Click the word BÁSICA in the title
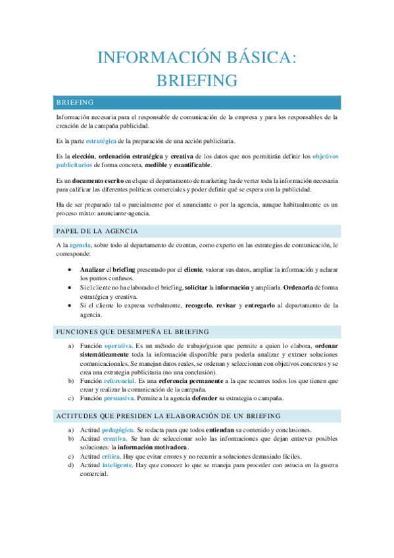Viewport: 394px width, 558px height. [x=262, y=58]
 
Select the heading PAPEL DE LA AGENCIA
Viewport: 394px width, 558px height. [x=97, y=230]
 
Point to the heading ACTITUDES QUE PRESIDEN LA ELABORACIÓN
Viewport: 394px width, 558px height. [x=168, y=416]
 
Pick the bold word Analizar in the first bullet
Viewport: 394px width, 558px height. [x=92, y=270]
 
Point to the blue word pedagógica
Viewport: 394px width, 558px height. [x=118, y=430]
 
